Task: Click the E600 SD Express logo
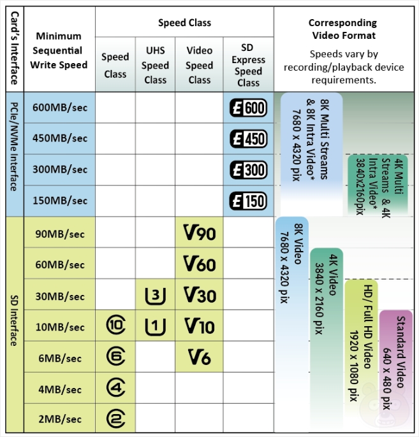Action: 248,108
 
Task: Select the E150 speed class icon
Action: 248,201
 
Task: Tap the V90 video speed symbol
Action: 199,234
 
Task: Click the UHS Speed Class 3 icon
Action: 155,296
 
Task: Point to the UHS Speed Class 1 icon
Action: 155,327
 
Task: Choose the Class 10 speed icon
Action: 115,327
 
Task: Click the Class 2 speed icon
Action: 115,419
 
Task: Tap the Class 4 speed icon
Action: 115,389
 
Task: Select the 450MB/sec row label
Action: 59,139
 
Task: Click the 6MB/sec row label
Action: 59,358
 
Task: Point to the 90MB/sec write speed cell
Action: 59,234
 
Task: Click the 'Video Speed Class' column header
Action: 199,66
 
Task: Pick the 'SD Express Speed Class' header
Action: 248,66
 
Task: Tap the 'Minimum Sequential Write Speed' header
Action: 59,50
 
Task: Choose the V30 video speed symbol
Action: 199,296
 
